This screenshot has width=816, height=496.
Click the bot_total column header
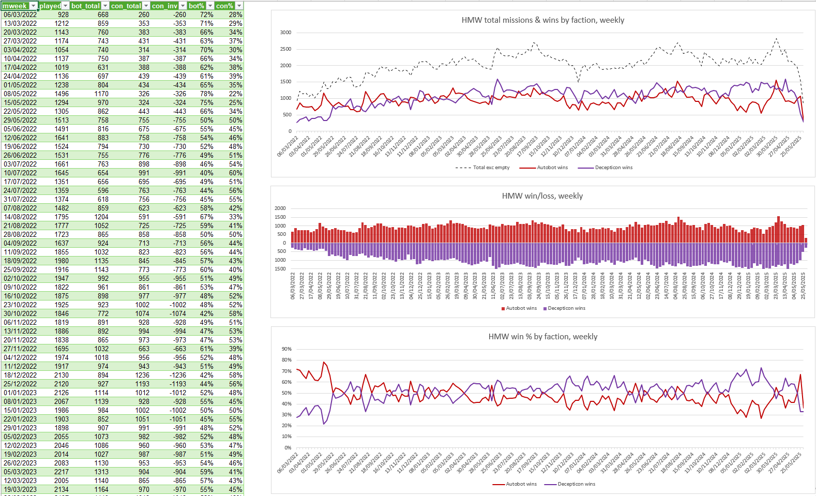pos(85,6)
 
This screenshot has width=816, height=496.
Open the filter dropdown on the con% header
pos(239,6)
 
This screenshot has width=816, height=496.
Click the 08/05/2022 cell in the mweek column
pos(20,94)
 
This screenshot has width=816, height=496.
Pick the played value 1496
pos(62,94)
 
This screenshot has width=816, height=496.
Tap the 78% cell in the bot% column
pos(206,94)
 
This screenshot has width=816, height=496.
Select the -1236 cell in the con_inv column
pos(178,375)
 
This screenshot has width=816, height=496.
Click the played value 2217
pos(62,472)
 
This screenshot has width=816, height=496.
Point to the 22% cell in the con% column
pos(235,94)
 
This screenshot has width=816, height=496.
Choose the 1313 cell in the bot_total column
pos(101,472)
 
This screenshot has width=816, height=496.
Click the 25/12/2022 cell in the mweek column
pos(20,384)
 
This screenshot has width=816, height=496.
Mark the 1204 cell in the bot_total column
pos(101,217)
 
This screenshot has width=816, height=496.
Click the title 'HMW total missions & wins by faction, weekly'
pos(542,20)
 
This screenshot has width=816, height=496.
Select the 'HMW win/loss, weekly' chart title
pos(542,196)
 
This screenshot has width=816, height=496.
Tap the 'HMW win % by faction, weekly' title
pos(542,337)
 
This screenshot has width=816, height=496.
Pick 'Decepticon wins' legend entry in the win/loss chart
pos(566,308)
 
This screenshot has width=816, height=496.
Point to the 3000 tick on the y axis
pos(285,33)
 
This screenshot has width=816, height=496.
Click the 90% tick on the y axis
pos(286,349)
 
